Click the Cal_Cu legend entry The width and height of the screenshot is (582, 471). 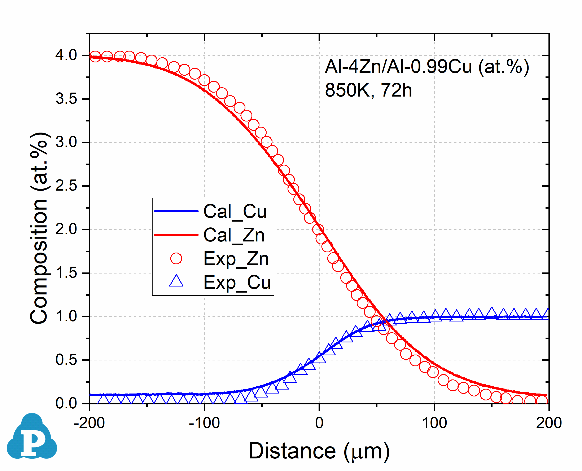click(x=235, y=211)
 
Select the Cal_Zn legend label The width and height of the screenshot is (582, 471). click(x=234, y=235)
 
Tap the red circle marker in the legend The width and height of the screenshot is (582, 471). click(x=176, y=259)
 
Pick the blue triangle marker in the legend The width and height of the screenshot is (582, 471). click(x=176, y=281)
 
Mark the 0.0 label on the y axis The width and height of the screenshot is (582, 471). click(x=66, y=403)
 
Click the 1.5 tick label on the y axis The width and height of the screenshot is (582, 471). click(x=66, y=273)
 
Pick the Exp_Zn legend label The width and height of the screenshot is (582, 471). click(x=236, y=259)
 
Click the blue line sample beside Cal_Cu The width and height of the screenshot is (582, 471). click(x=176, y=211)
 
